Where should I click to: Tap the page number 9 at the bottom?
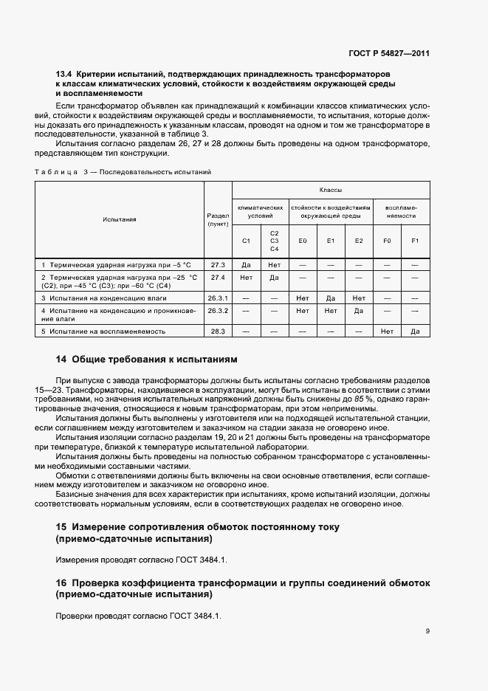click(x=427, y=630)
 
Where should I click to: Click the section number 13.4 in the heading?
click(x=63, y=75)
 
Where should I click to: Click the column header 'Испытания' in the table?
click(x=120, y=219)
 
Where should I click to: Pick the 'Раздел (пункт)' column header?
click(x=218, y=219)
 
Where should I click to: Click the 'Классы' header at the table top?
click(x=330, y=190)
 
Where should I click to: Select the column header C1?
click(x=246, y=241)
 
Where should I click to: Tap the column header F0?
click(x=387, y=241)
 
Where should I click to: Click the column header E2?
click(x=359, y=241)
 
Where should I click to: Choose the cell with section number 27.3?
click(x=218, y=264)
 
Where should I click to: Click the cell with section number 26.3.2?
click(x=218, y=311)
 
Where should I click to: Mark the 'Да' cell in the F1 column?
click(x=415, y=331)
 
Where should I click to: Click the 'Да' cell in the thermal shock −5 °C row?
click(x=246, y=264)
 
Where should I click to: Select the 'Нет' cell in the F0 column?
click(x=387, y=331)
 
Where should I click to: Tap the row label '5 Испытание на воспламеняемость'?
click(x=103, y=331)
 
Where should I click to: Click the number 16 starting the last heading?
click(x=62, y=583)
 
